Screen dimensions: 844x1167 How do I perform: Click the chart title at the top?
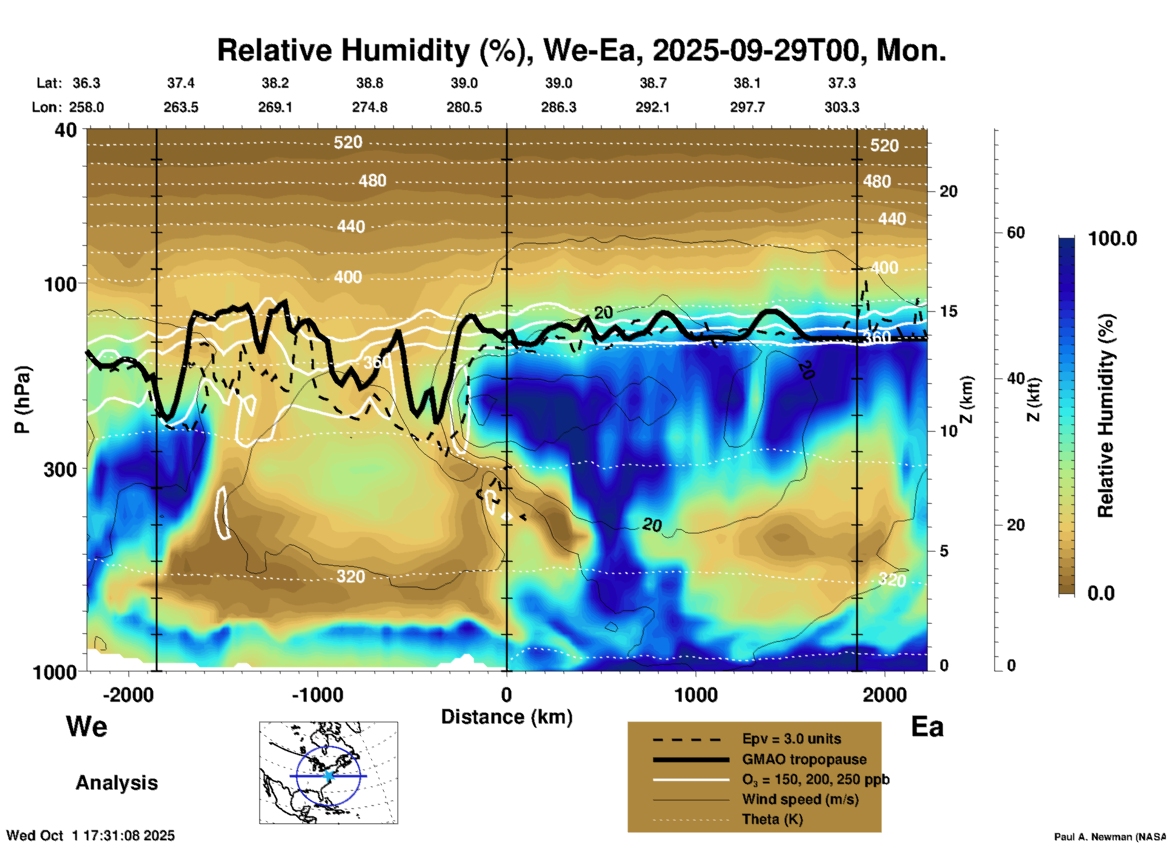point(581,50)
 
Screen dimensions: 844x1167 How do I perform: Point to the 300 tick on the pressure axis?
point(60,469)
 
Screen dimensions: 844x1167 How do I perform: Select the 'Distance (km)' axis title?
point(507,717)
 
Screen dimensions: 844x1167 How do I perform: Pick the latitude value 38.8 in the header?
point(369,83)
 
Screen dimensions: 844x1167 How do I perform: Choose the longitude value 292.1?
point(653,107)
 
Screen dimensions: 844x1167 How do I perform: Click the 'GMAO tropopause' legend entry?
point(804,759)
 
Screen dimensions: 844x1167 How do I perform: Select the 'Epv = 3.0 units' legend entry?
point(791,739)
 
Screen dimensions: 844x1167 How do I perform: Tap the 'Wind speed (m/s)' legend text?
point(800,799)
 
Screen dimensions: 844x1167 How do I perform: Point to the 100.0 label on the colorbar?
point(1112,239)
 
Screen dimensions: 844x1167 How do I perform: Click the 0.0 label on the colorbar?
point(1101,593)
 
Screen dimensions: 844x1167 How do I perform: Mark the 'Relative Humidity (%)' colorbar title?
point(1105,415)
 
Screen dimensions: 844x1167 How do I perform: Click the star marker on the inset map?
point(328,776)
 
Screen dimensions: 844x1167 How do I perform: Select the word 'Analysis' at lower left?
point(116,783)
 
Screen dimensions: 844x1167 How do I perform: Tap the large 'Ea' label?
point(927,727)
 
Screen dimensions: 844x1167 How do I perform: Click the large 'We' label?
point(87,726)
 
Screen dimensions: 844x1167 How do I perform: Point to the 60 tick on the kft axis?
point(1016,232)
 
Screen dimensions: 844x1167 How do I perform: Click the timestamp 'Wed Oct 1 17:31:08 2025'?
point(90,836)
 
